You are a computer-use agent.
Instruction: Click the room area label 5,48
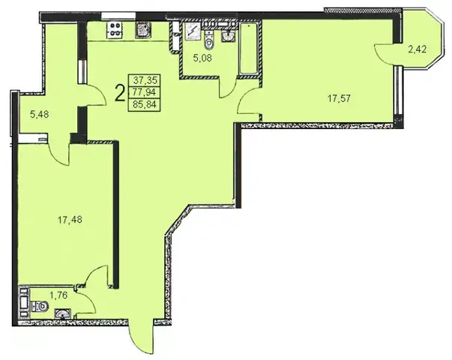(x=40, y=115)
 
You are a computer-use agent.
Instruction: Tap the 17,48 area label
(x=70, y=220)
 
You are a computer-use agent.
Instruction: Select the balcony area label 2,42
(x=417, y=49)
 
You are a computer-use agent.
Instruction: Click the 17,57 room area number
(x=339, y=99)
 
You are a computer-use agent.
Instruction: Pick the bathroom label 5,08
(x=202, y=58)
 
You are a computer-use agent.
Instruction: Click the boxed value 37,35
(x=145, y=79)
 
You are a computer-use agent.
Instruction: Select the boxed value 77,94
(x=144, y=92)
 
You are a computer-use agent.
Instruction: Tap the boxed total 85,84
(x=145, y=104)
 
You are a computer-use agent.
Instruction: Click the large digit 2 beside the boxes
(x=120, y=93)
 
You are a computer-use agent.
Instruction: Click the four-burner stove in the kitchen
(x=115, y=30)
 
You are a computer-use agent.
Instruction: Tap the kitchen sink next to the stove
(x=143, y=30)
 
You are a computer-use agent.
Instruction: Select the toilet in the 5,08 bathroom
(x=208, y=40)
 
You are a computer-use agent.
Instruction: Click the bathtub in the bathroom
(x=249, y=48)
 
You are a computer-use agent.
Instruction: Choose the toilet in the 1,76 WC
(x=40, y=306)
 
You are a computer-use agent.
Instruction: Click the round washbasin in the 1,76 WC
(x=62, y=313)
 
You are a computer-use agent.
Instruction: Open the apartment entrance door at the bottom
(x=141, y=337)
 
